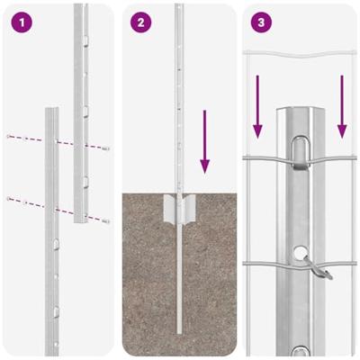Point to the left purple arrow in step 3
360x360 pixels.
257,106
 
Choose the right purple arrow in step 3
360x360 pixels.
342,106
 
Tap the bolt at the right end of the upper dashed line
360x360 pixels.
106,147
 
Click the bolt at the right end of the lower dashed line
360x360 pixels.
106,220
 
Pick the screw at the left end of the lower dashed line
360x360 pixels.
9,198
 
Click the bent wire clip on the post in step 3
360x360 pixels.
317,265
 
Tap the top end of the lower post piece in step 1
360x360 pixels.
51,112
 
